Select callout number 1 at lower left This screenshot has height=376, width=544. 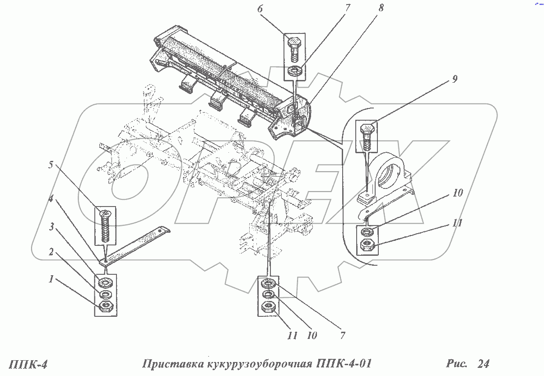pos(52,280)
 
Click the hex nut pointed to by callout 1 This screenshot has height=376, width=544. pos(106,308)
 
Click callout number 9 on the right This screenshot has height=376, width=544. pos(455,79)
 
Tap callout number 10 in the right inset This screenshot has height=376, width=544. pos(458,193)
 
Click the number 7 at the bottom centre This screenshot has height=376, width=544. pos(343,335)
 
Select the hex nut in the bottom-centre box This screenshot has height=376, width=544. pos(269,308)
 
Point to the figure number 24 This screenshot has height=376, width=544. pos(483,363)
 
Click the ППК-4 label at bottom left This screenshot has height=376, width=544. pos(28,364)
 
